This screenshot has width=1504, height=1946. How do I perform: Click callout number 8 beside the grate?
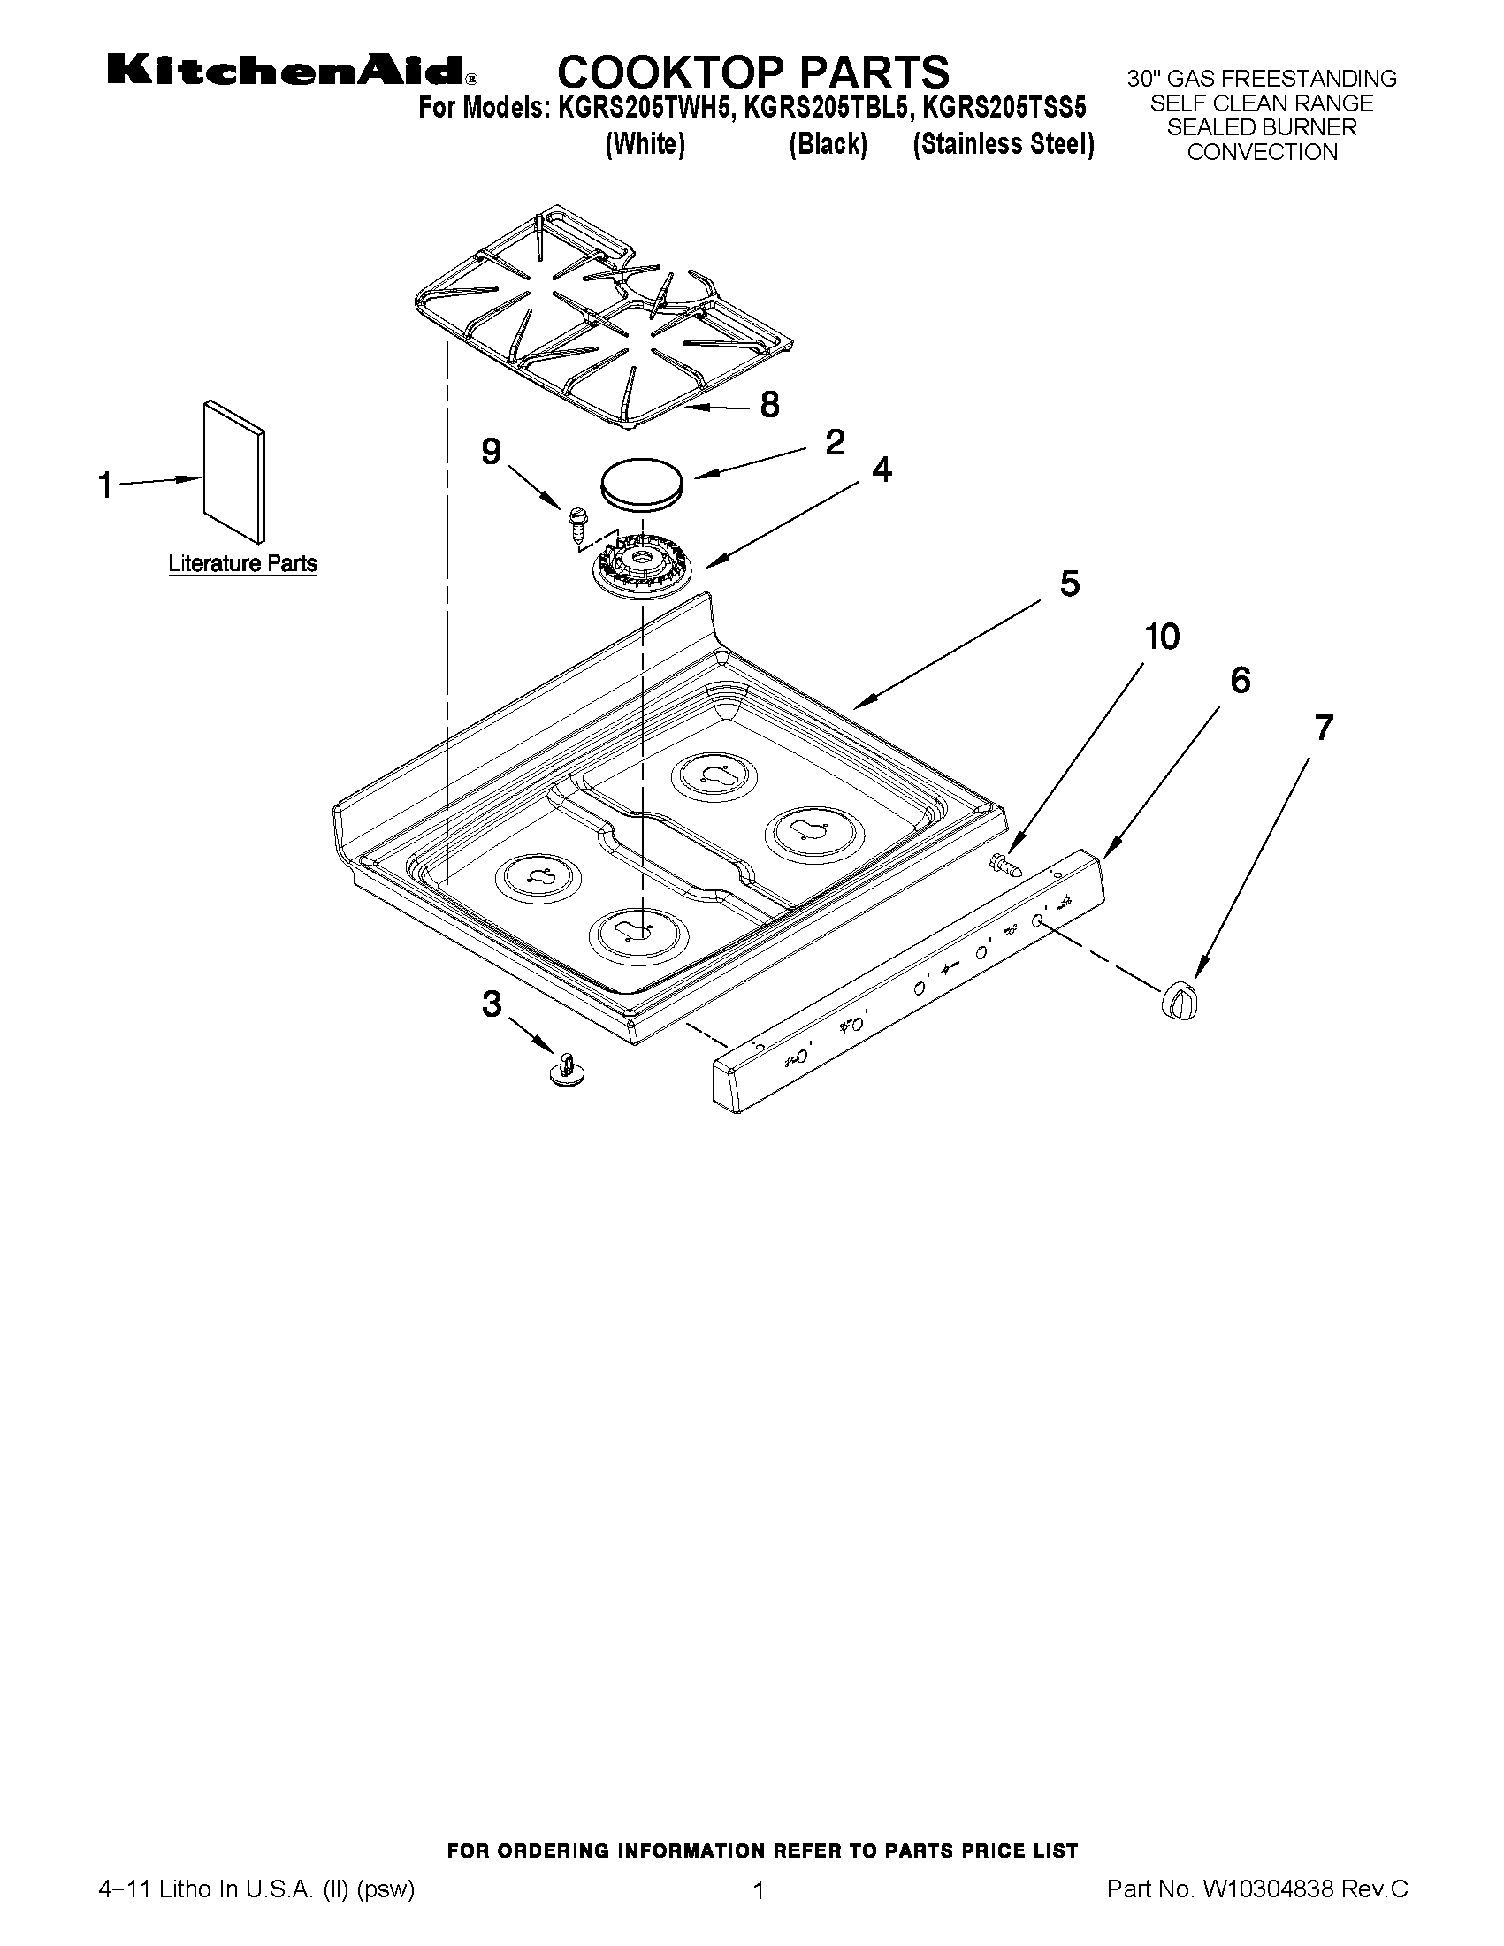pyautogui.click(x=769, y=406)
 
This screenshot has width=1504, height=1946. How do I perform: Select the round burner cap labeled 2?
pyautogui.click(x=642, y=484)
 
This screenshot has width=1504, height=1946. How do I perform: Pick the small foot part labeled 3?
pyautogui.click(x=564, y=1067)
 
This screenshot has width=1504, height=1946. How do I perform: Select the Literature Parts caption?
pyautogui.click(x=242, y=564)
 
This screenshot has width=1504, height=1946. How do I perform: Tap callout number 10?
pyautogui.click(x=1162, y=637)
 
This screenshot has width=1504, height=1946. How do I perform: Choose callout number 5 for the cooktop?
pyautogui.click(x=1069, y=584)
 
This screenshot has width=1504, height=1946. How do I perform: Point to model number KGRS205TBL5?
pyautogui.click(x=828, y=109)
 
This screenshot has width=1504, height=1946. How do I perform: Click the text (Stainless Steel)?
pyautogui.click(x=1003, y=144)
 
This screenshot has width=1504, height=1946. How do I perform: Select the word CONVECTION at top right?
pyautogui.click(x=1262, y=152)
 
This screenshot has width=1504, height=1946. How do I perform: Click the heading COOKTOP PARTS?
pyautogui.click(x=753, y=72)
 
